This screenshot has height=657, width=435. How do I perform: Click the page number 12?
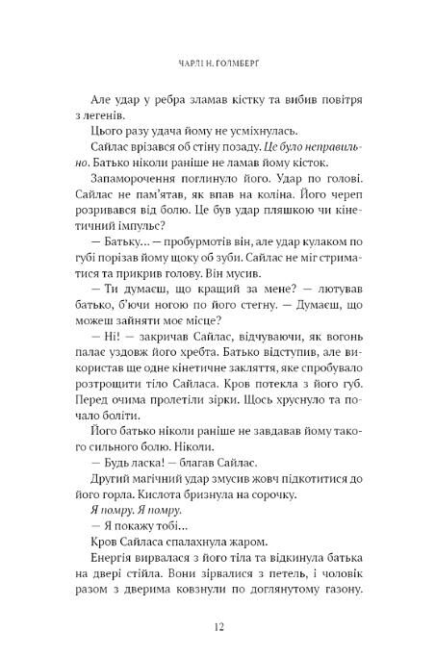pos(217,626)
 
